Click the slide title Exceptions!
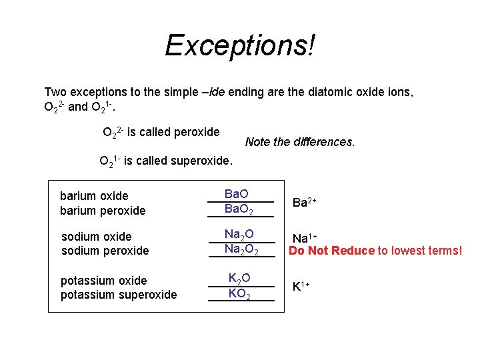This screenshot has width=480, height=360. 240,45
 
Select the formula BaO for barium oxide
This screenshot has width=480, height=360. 237,194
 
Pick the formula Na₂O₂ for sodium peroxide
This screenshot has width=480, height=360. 241,250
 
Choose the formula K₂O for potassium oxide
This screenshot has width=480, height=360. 239,279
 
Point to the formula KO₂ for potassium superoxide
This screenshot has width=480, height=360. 239,294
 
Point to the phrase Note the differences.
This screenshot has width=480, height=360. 300,142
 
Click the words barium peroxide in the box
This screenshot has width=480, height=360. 103,211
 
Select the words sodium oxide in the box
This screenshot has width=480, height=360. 96,236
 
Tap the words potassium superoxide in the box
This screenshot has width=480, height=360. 119,295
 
